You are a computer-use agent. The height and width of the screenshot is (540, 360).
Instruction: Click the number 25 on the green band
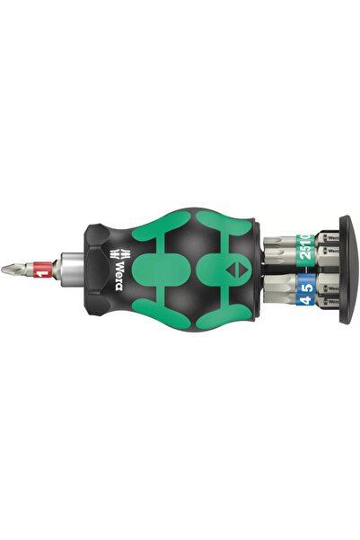(282, 240)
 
